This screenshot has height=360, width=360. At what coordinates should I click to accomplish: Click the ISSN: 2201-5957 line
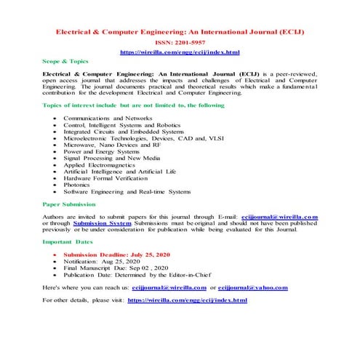point(179,43)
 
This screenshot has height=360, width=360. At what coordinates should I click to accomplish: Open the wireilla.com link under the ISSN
point(179,52)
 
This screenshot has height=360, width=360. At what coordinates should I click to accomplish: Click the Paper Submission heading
point(69,204)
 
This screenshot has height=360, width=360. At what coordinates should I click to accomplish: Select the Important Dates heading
point(67,241)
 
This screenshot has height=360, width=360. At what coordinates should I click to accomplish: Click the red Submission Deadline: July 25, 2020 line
point(128,255)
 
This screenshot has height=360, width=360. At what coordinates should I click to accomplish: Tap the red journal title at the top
point(179,33)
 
